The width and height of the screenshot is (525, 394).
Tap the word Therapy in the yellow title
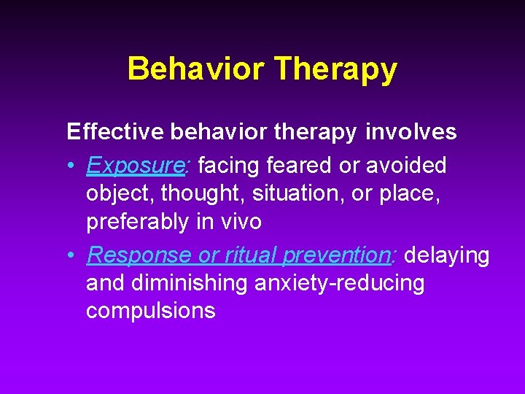(x=335, y=69)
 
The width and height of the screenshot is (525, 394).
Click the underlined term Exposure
(x=136, y=166)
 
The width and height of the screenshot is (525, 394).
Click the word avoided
(x=405, y=166)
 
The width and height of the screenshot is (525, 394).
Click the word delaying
(x=447, y=255)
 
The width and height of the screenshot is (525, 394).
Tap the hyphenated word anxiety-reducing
(x=339, y=283)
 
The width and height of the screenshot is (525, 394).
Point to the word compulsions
(x=151, y=311)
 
